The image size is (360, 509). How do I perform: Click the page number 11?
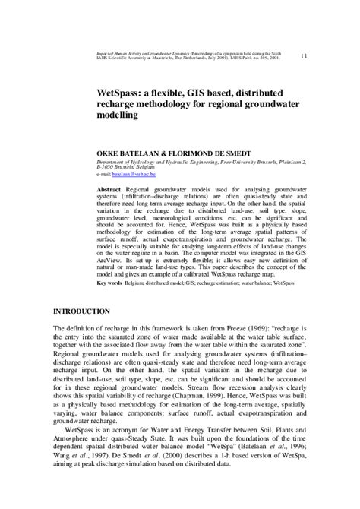pyautogui.click(x=305, y=56)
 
